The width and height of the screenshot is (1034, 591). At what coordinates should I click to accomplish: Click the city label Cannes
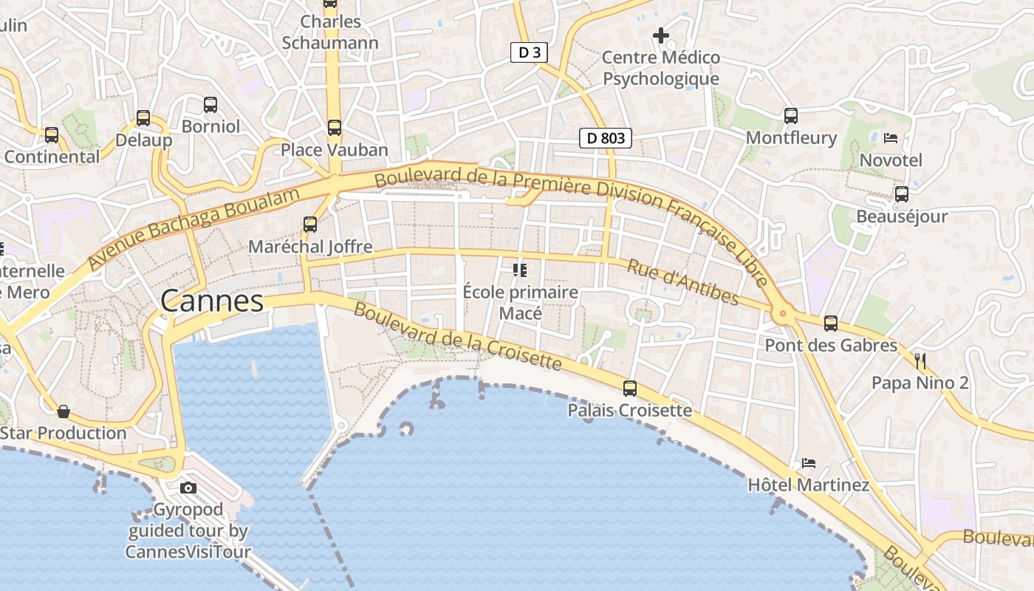[x=211, y=301]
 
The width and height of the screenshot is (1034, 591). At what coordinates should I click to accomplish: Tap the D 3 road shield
[x=530, y=52]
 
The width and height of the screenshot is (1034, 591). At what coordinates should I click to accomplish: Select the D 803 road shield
[x=606, y=137]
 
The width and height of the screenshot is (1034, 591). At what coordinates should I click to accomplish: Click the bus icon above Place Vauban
[x=334, y=128]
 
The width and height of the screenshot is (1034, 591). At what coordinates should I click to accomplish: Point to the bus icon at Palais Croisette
[x=630, y=388]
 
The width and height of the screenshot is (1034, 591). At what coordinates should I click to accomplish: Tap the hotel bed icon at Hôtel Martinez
[x=809, y=463]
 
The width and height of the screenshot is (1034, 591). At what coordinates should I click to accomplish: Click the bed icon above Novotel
[x=891, y=138]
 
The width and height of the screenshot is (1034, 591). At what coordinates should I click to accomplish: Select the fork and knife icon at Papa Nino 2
[x=920, y=361]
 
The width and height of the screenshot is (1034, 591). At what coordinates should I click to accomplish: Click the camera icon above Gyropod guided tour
[x=188, y=488]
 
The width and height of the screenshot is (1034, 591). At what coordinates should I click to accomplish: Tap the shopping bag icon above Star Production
[x=64, y=411]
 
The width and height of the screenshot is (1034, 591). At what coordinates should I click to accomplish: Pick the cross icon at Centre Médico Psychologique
[x=660, y=35]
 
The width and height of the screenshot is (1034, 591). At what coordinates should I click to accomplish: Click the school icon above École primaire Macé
[x=520, y=270]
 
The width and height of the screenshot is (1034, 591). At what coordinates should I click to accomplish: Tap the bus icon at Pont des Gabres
[x=831, y=323]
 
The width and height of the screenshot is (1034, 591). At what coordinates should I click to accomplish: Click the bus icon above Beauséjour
[x=902, y=194]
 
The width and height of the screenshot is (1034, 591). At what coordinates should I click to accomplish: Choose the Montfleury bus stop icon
[x=791, y=115]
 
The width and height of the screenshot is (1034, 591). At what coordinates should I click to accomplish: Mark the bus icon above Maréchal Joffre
[x=310, y=224]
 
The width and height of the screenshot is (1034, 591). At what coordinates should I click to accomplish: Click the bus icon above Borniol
[x=210, y=104]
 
